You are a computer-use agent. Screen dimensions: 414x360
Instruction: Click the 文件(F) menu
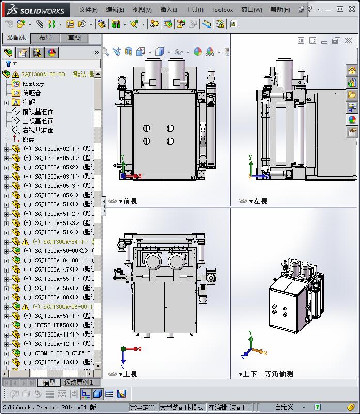[88, 10]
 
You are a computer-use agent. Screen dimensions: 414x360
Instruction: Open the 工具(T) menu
[194, 10]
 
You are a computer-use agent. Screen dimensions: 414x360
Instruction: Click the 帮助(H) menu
[280, 10]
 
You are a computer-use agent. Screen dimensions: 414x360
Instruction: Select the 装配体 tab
[16, 38]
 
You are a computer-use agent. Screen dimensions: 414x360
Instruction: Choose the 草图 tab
[74, 38]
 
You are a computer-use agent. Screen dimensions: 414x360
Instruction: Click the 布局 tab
[45, 38]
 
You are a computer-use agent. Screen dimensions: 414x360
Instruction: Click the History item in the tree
[33, 84]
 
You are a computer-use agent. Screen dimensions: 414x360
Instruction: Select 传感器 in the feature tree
[32, 93]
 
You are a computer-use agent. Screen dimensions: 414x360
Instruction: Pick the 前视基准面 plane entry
[38, 112]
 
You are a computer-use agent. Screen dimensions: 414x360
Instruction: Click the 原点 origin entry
[28, 139]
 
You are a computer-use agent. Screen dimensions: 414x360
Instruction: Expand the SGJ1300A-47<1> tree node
[6, 269]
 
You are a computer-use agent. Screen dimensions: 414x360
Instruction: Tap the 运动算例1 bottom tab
[79, 383]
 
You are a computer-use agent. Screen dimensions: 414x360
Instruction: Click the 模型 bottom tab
[49, 383]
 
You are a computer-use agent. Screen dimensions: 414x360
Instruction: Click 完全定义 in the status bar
[142, 407]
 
